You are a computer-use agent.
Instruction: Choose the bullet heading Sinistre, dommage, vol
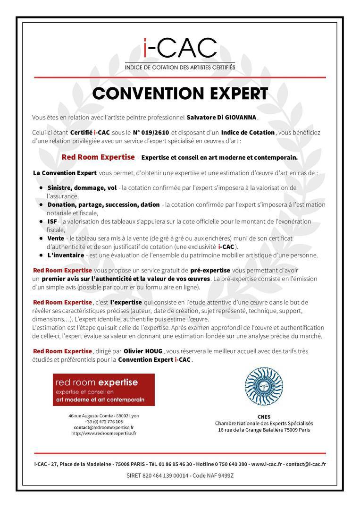(82, 187)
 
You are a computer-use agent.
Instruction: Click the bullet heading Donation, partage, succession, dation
(103, 204)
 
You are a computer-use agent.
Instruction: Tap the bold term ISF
(52, 221)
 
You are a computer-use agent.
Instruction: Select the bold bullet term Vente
(56, 238)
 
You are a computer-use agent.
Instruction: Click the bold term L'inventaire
(66, 255)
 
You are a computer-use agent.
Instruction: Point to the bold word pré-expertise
(210, 270)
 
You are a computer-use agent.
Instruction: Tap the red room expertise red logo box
(103, 390)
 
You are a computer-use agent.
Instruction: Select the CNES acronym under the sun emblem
(264, 417)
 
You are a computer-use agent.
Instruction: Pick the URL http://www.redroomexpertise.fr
(103, 433)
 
